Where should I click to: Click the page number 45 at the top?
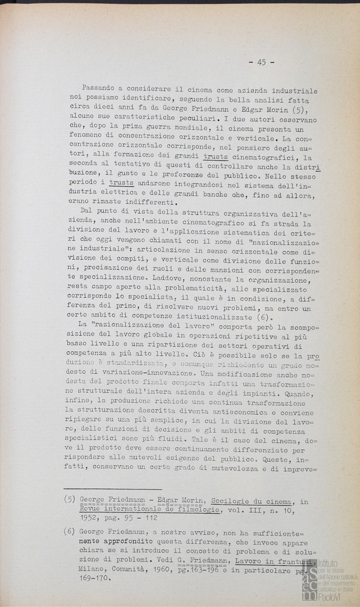pos(262,62)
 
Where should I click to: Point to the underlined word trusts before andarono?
pos(122,183)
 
